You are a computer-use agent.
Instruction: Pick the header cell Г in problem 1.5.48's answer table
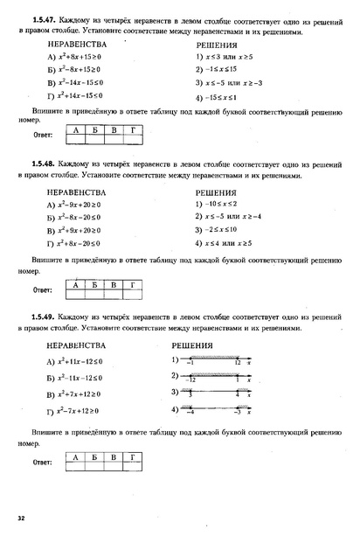click(x=131, y=284)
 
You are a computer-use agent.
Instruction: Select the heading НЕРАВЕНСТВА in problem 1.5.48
click(x=77, y=191)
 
